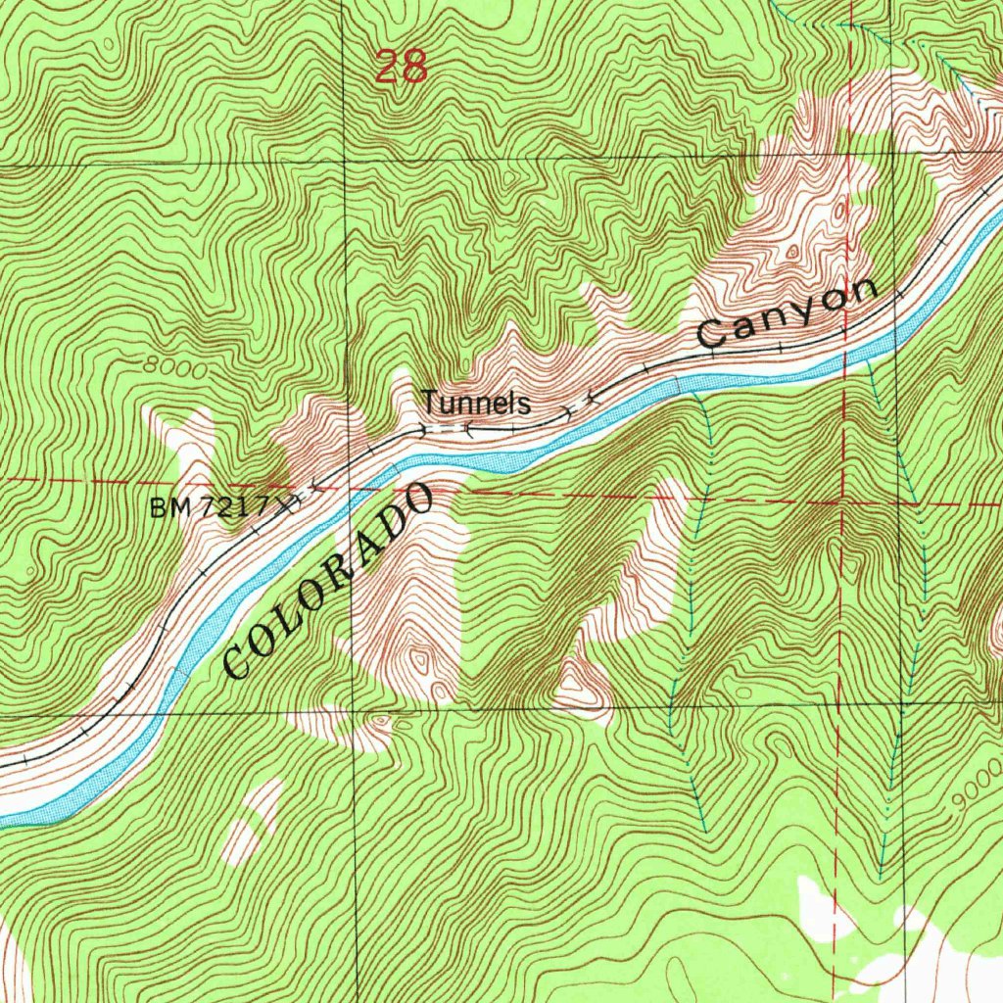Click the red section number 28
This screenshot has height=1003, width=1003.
click(x=402, y=67)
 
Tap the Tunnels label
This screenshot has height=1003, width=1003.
click(x=476, y=403)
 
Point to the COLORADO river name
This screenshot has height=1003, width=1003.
click(x=328, y=582)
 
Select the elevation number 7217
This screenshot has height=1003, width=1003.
click(x=235, y=507)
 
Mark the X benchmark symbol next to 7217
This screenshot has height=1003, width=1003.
click(x=287, y=504)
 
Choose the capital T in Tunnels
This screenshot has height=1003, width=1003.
click(x=429, y=402)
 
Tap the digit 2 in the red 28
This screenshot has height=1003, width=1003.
click(x=388, y=67)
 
